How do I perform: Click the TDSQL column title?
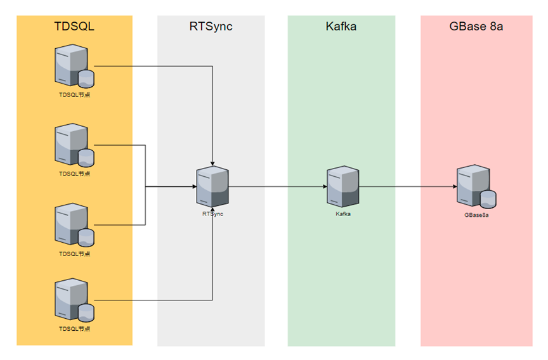point(74,27)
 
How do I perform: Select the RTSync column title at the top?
point(211,27)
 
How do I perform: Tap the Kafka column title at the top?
point(341,27)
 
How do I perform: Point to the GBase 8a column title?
point(476,27)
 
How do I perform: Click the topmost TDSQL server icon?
point(74,66)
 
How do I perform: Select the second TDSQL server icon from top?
point(74,145)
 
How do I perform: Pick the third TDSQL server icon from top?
point(74,225)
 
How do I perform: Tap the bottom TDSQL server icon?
point(74,300)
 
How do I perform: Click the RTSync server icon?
point(212,186)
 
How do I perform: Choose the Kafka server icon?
point(343,186)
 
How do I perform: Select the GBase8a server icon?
point(476,186)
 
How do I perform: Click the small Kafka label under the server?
point(343,214)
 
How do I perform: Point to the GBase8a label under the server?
point(476,215)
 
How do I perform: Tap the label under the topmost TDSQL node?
point(74,94)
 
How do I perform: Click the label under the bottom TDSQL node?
point(74,329)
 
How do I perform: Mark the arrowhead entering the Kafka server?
point(325,186)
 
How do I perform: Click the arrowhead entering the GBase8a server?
point(455,186)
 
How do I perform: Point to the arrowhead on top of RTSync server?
point(212,164)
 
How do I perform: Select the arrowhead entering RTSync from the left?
point(195,186)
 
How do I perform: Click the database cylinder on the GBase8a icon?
point(488,200)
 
